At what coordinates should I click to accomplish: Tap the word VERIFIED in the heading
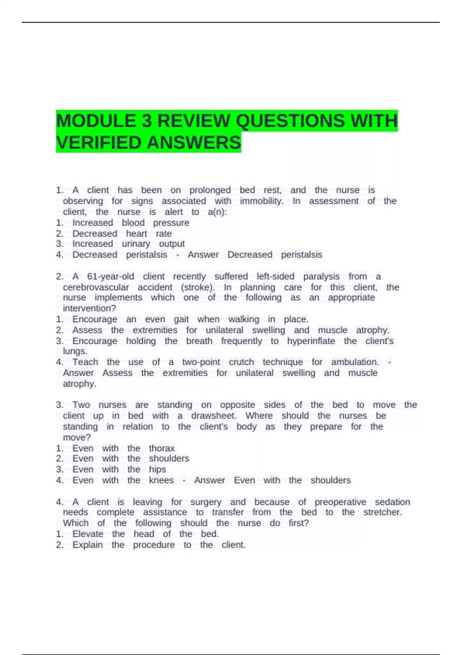(x=99, y=143)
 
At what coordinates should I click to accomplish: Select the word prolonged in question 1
(x=210, y=190)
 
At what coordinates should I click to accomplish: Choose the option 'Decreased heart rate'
(x=122, y=234)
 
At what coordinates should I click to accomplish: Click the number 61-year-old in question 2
(x=110, y=277)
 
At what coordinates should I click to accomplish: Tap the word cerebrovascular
(x=96, y=287)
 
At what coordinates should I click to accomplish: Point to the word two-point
(x=201, y=362)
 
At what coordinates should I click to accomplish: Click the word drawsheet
(x=214, y=416)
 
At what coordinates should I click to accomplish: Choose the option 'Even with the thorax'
(x=123, y=448)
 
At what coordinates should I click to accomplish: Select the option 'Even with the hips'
(x=119, y=470)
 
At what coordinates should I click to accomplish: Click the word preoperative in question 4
(x=340, y=502)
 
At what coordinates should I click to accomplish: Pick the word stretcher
(x=382, y=512)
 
